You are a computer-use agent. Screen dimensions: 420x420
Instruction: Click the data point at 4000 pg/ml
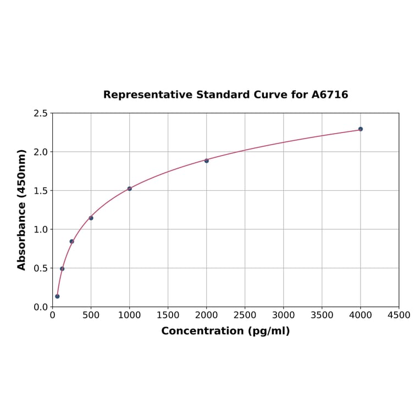point(361,129)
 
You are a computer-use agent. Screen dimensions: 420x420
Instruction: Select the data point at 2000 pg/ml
point(207,161)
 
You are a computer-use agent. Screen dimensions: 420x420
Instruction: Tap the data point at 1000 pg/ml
point(130,189)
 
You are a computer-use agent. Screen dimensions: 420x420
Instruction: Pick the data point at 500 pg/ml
point(91,218)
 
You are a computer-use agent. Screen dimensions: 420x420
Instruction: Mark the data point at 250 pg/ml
point(72,241)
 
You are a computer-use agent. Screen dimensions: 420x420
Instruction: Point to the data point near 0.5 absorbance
point(62,269)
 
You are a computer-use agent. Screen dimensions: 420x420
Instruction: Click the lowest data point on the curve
point(57,296)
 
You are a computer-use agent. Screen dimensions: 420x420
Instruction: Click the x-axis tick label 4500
point(399,316)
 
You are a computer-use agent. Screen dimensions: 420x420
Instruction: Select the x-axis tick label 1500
point(168,316)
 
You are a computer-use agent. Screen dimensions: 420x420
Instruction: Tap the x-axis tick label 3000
point(283,316)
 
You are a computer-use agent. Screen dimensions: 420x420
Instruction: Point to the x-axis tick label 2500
point(245,316)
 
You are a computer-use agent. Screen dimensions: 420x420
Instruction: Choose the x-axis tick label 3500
point(322,316)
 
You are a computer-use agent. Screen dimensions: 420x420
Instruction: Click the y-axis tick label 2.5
point(41,113)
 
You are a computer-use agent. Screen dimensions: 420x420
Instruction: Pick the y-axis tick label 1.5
point(41,191)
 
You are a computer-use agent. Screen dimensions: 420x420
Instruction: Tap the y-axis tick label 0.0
point(41,307)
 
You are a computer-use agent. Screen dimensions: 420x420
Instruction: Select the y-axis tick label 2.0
point(41,152)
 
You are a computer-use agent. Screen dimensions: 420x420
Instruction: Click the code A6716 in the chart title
point(330,95)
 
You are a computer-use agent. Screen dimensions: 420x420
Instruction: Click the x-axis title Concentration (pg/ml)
point(225,331)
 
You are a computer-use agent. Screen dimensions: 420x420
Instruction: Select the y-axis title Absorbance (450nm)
point(22,209)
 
